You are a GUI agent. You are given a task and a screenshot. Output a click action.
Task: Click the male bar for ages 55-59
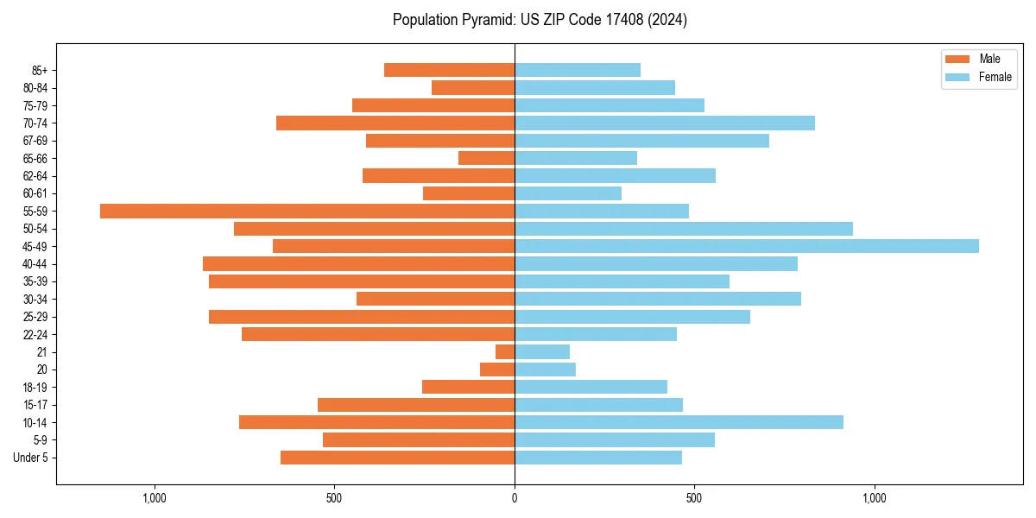click(307, 211)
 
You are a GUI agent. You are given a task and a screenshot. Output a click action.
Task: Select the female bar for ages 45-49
click(747, 246)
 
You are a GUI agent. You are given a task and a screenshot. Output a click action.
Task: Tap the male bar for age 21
click(505, 351)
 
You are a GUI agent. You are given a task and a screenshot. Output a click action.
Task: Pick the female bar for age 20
click(545, 370)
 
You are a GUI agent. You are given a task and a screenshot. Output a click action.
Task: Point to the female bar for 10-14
click(679, 422)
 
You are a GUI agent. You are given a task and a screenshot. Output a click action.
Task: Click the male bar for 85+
click(449, 70)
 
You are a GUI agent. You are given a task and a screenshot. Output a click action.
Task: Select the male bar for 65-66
click(486, 158)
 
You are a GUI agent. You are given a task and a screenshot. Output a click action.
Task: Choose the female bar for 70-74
click(665, 123)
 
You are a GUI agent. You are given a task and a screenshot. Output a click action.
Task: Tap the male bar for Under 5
click(397, 458)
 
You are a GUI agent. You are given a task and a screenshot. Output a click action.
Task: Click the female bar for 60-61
click(568, 193)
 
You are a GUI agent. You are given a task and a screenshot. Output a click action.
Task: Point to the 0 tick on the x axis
click(515, 498)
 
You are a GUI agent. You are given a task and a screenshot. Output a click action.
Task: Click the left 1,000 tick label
click(154, 498)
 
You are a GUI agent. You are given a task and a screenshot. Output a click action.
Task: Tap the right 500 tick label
click(694, 498)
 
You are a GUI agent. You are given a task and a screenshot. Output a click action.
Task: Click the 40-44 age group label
click(35, 264)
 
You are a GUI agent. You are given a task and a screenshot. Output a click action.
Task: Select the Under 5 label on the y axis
click(30, 458)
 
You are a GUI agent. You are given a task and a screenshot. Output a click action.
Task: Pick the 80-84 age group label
click(35, 88)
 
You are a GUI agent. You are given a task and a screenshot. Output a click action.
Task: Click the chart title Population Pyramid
click(540, 20)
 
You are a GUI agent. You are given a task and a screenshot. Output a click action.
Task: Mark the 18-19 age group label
click(35, 388)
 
